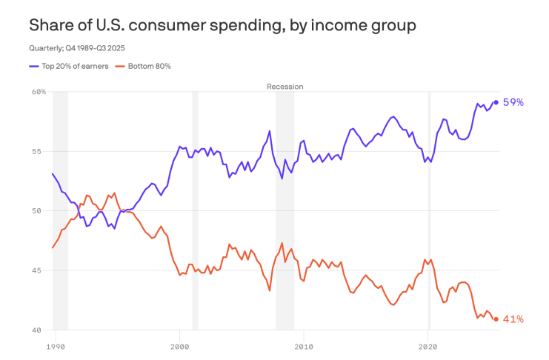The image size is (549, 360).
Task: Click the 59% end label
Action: coord(513,102)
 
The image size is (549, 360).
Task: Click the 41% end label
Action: coord(513,319)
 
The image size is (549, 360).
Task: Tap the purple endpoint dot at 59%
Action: coord(496,102)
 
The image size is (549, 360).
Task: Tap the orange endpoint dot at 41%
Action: coord(496,319)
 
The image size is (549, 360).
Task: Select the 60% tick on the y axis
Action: coord(39,92)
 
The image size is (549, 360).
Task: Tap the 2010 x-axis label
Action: coord(303,345)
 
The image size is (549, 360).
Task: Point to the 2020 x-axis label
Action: coord(427,345)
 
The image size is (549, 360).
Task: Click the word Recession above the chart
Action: coord(285,87)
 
